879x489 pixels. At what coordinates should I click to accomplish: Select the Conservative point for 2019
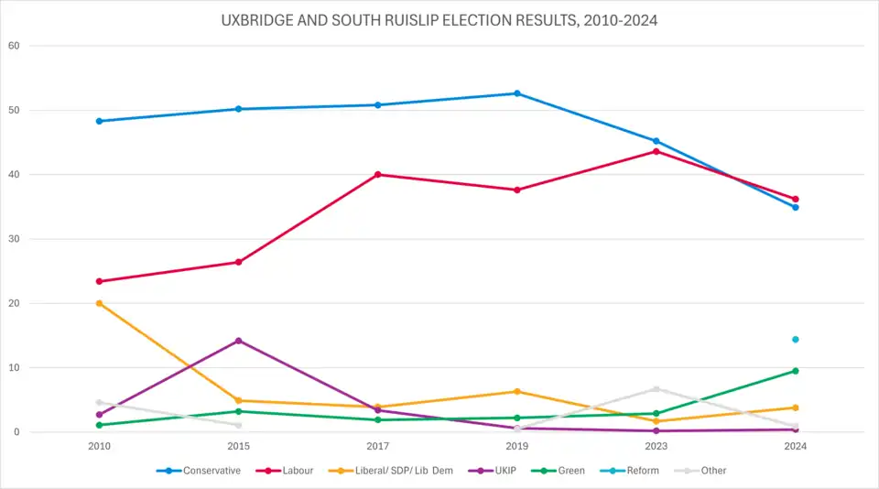point(517,93)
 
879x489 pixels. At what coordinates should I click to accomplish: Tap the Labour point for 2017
point(378,175)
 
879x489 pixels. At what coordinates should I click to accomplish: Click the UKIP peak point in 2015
point(239,341)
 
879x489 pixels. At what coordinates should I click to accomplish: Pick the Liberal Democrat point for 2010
point(99,303)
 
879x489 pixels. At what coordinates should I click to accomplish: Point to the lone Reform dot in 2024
point(796,340)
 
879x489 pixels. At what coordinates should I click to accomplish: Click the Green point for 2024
point(796,371)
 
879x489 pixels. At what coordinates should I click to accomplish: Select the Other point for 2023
point(657,389)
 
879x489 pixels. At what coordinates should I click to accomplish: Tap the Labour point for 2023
point(657,151)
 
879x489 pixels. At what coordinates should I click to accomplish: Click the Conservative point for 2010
point(99,121)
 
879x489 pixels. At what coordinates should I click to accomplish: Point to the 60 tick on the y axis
point(13,46)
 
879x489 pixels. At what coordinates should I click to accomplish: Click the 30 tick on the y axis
point(13,239)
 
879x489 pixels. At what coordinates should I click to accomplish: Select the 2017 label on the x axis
point(378,446)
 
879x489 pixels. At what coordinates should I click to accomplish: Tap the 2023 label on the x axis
point(657,446)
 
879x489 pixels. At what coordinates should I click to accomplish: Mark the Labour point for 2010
point(99,281)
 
